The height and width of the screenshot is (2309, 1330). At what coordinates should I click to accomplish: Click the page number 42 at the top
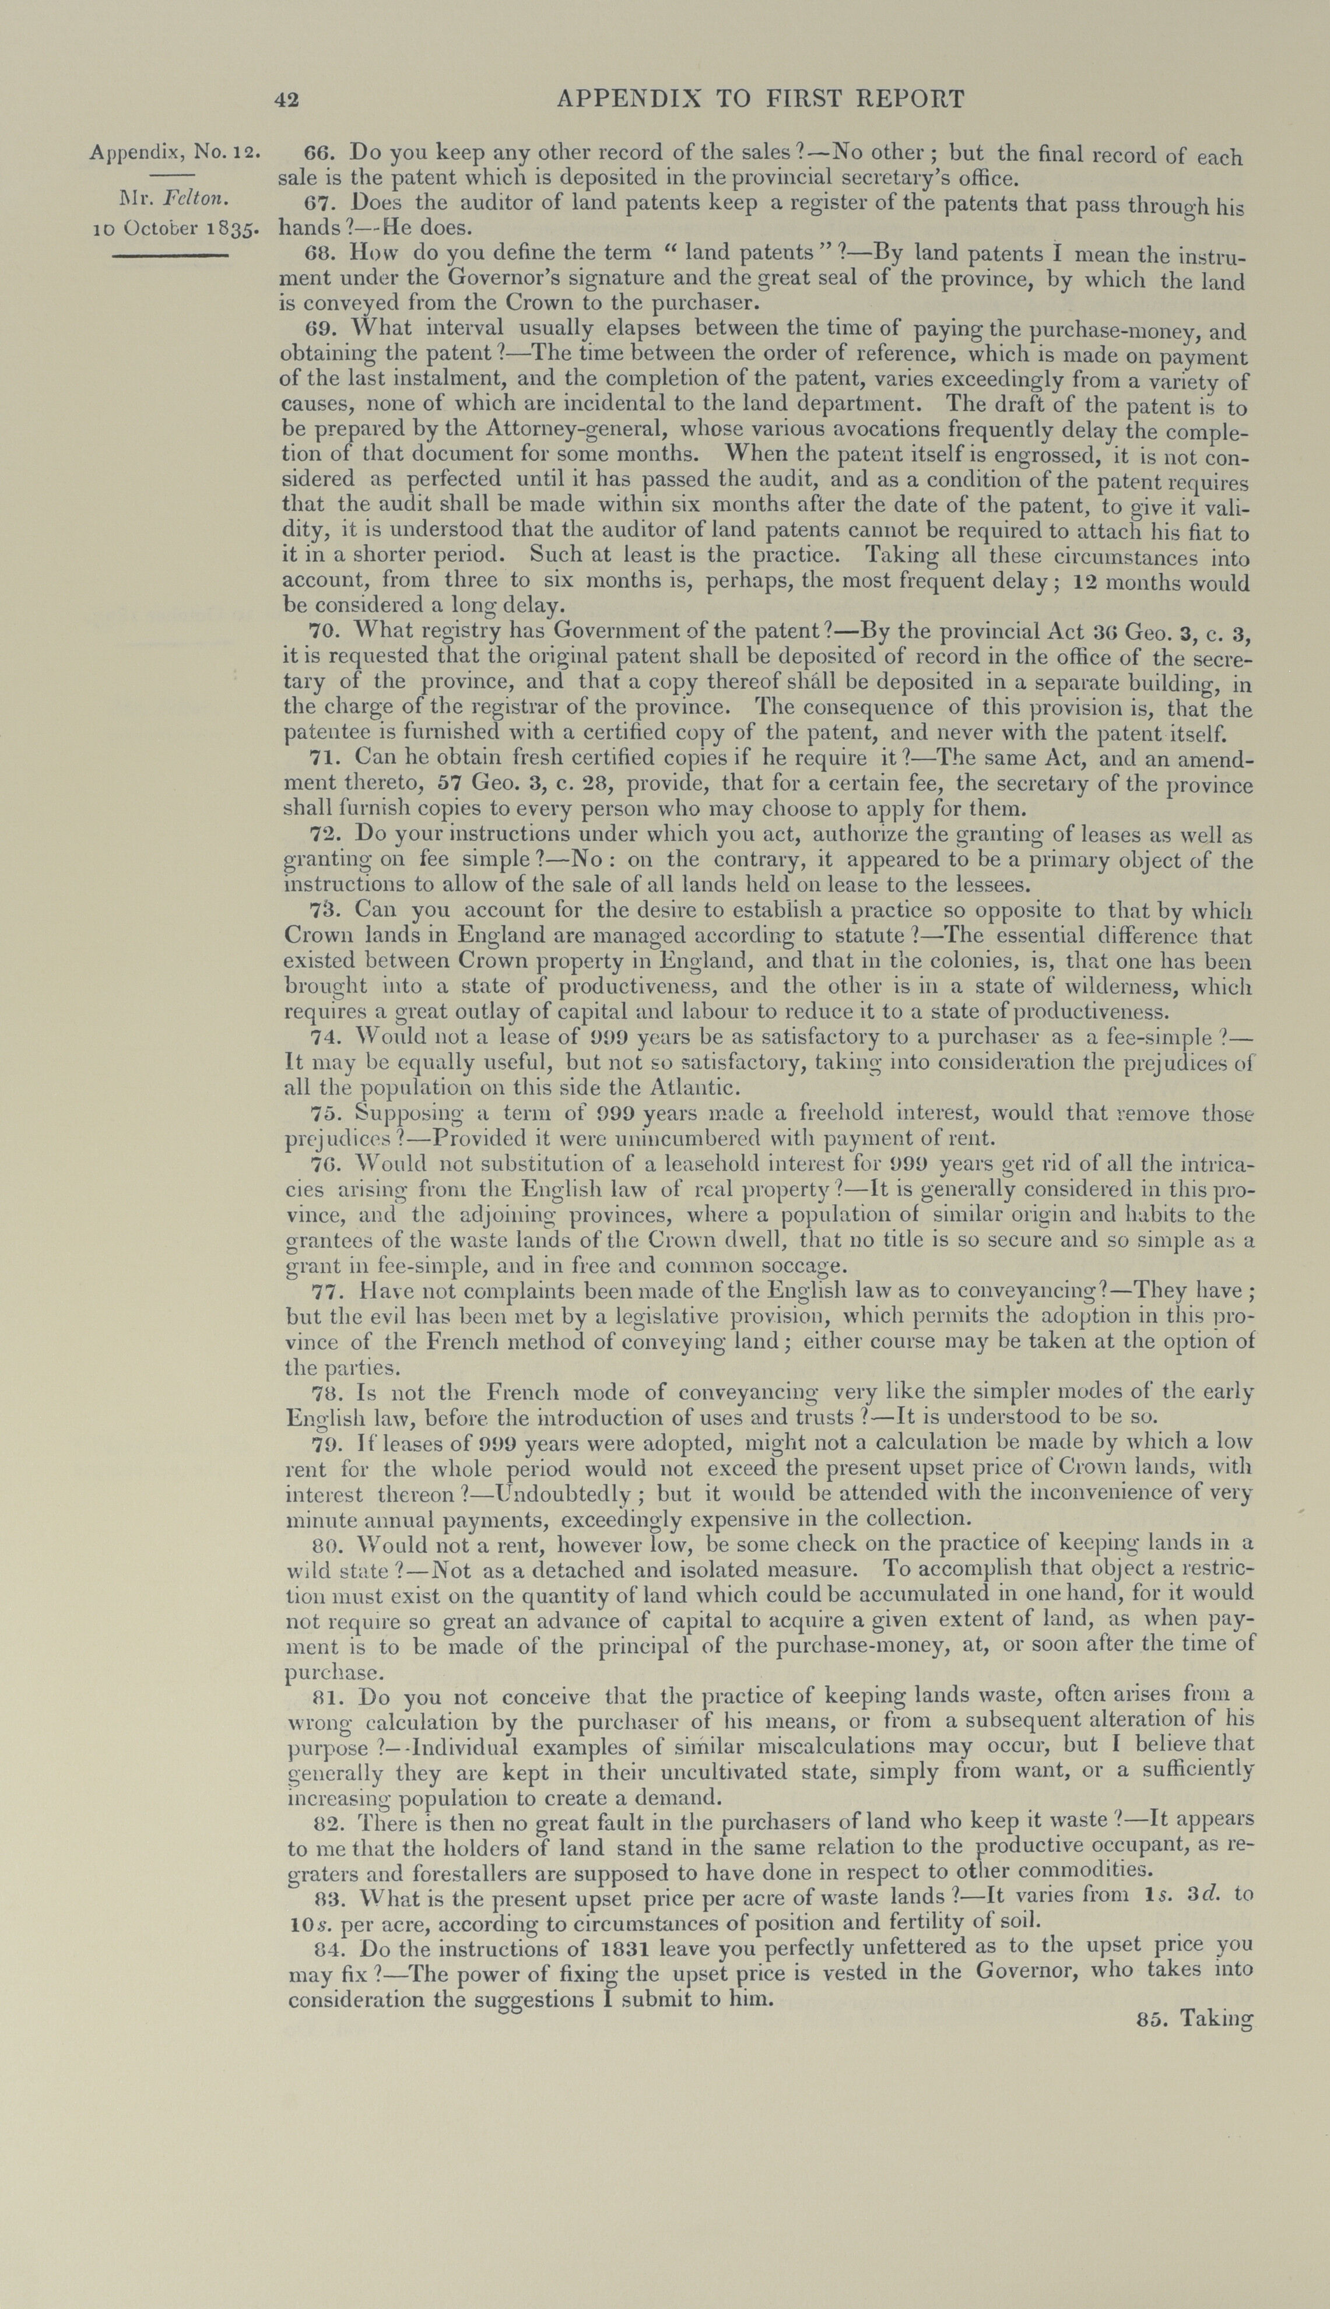(x=287, y=100)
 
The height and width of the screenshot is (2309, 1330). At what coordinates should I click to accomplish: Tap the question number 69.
(x=320, y=328)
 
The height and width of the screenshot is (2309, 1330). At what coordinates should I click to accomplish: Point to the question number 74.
(x=324, y=1037)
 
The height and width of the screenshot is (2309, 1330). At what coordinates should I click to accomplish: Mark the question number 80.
(x=326, y=1543)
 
